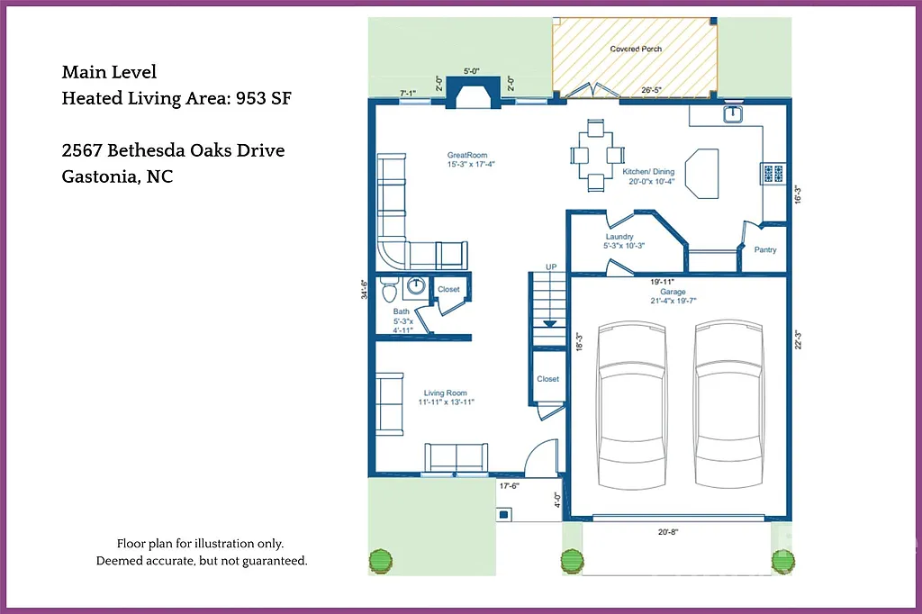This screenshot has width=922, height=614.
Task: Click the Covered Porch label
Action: pos(636,49)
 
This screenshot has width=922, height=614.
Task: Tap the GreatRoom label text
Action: pos(467,155)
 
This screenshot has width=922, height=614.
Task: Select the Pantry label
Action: pos(765,250)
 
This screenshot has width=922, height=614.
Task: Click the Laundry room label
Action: pos(619,237)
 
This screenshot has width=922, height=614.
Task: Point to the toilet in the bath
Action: pos(389,290)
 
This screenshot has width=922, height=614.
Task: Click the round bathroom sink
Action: pos(416,287)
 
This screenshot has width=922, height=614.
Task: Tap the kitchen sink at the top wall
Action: pos(734,113)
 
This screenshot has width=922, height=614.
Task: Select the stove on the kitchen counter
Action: pos(773,172)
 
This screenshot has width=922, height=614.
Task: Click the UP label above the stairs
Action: pos(551,267)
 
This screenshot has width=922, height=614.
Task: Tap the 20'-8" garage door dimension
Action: pos(667,532)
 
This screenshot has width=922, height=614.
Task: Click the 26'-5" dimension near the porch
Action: pos(652,90)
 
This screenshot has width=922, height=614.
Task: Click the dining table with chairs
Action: pos(595,155)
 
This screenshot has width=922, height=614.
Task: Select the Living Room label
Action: pos(445,393)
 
